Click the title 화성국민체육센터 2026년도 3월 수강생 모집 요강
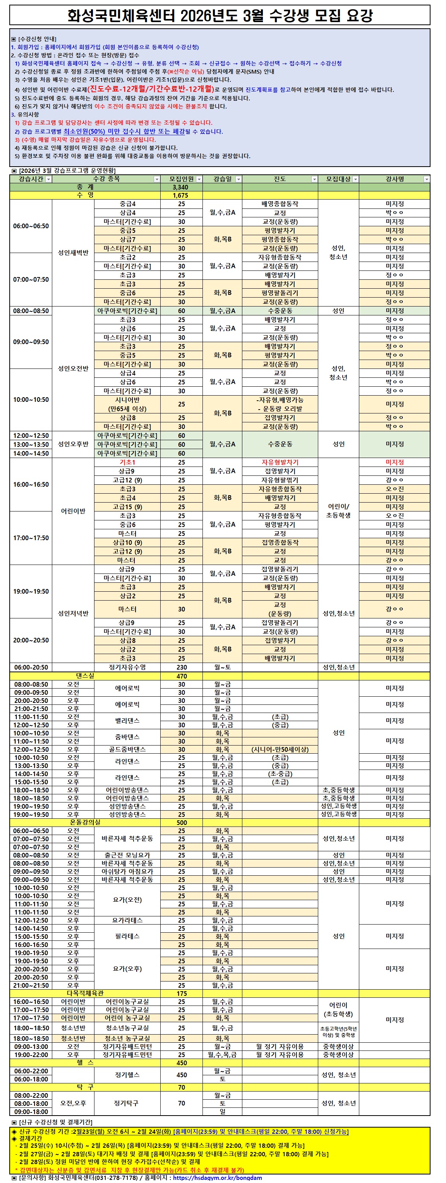click(220, 16)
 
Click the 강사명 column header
click(394, 179)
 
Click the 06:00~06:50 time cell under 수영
click(31, 226)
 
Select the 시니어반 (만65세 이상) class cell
click(127, 404)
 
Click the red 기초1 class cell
click(127, 462)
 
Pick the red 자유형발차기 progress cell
click(280, 462)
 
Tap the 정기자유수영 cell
click(127, 667)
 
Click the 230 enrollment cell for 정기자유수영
click(182, 667)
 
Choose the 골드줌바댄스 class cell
click(127, 749)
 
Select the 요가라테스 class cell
click(127, 920)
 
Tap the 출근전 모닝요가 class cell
click(127, 855)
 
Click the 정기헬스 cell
click(127, 1075)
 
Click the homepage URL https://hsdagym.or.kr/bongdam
click(217, 1178)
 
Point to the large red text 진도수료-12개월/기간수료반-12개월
click(151, 89)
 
